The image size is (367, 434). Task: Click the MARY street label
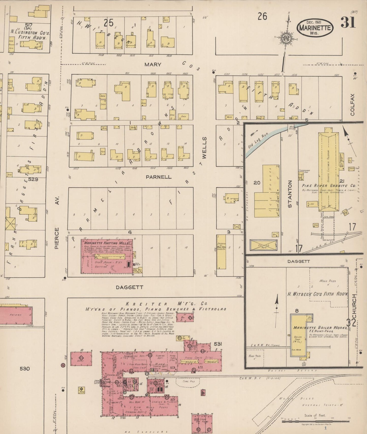(153, 65)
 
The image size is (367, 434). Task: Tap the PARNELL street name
(158, 177)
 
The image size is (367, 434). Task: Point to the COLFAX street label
(353, 105)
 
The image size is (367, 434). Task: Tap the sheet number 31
(348, 23)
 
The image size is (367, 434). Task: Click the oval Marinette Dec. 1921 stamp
(315, 28)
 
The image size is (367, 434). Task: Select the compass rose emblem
(286, 38)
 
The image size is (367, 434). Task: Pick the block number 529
(33, 179)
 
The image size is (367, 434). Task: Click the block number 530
(25, 368)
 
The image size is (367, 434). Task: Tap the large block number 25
(109, 23)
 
